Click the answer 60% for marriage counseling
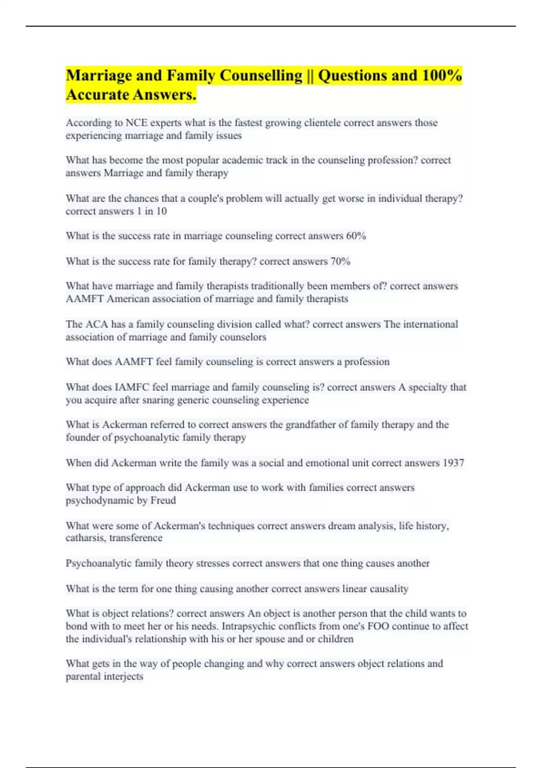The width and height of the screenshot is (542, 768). click(356, 236)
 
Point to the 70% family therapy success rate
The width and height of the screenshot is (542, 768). click(340, 261)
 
